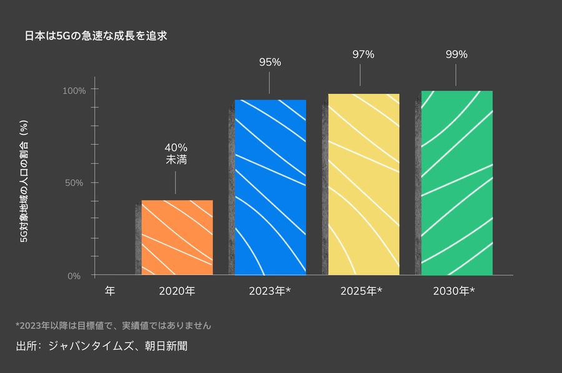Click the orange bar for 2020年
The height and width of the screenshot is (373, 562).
click(177, 237)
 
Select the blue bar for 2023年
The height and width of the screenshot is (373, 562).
click(270, 187)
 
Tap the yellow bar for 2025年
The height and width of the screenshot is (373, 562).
click(363, 184)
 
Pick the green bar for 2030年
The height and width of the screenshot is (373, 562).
click(456, 183)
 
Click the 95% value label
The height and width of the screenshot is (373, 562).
click(270, 62)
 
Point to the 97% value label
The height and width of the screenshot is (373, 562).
click(363, 54)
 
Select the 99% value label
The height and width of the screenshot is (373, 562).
click(456, 54)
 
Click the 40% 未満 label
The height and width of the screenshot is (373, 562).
click(175, 154)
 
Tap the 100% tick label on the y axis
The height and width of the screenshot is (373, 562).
click(74, 90)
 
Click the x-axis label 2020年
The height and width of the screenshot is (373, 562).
click(177, 291)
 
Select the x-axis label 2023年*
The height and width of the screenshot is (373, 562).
click(270, 291)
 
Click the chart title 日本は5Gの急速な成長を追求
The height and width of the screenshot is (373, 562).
click(96, 36)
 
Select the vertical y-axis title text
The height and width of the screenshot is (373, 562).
click(23, 184)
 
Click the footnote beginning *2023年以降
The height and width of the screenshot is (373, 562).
click(113, 326)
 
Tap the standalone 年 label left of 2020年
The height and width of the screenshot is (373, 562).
click(110, 291)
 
